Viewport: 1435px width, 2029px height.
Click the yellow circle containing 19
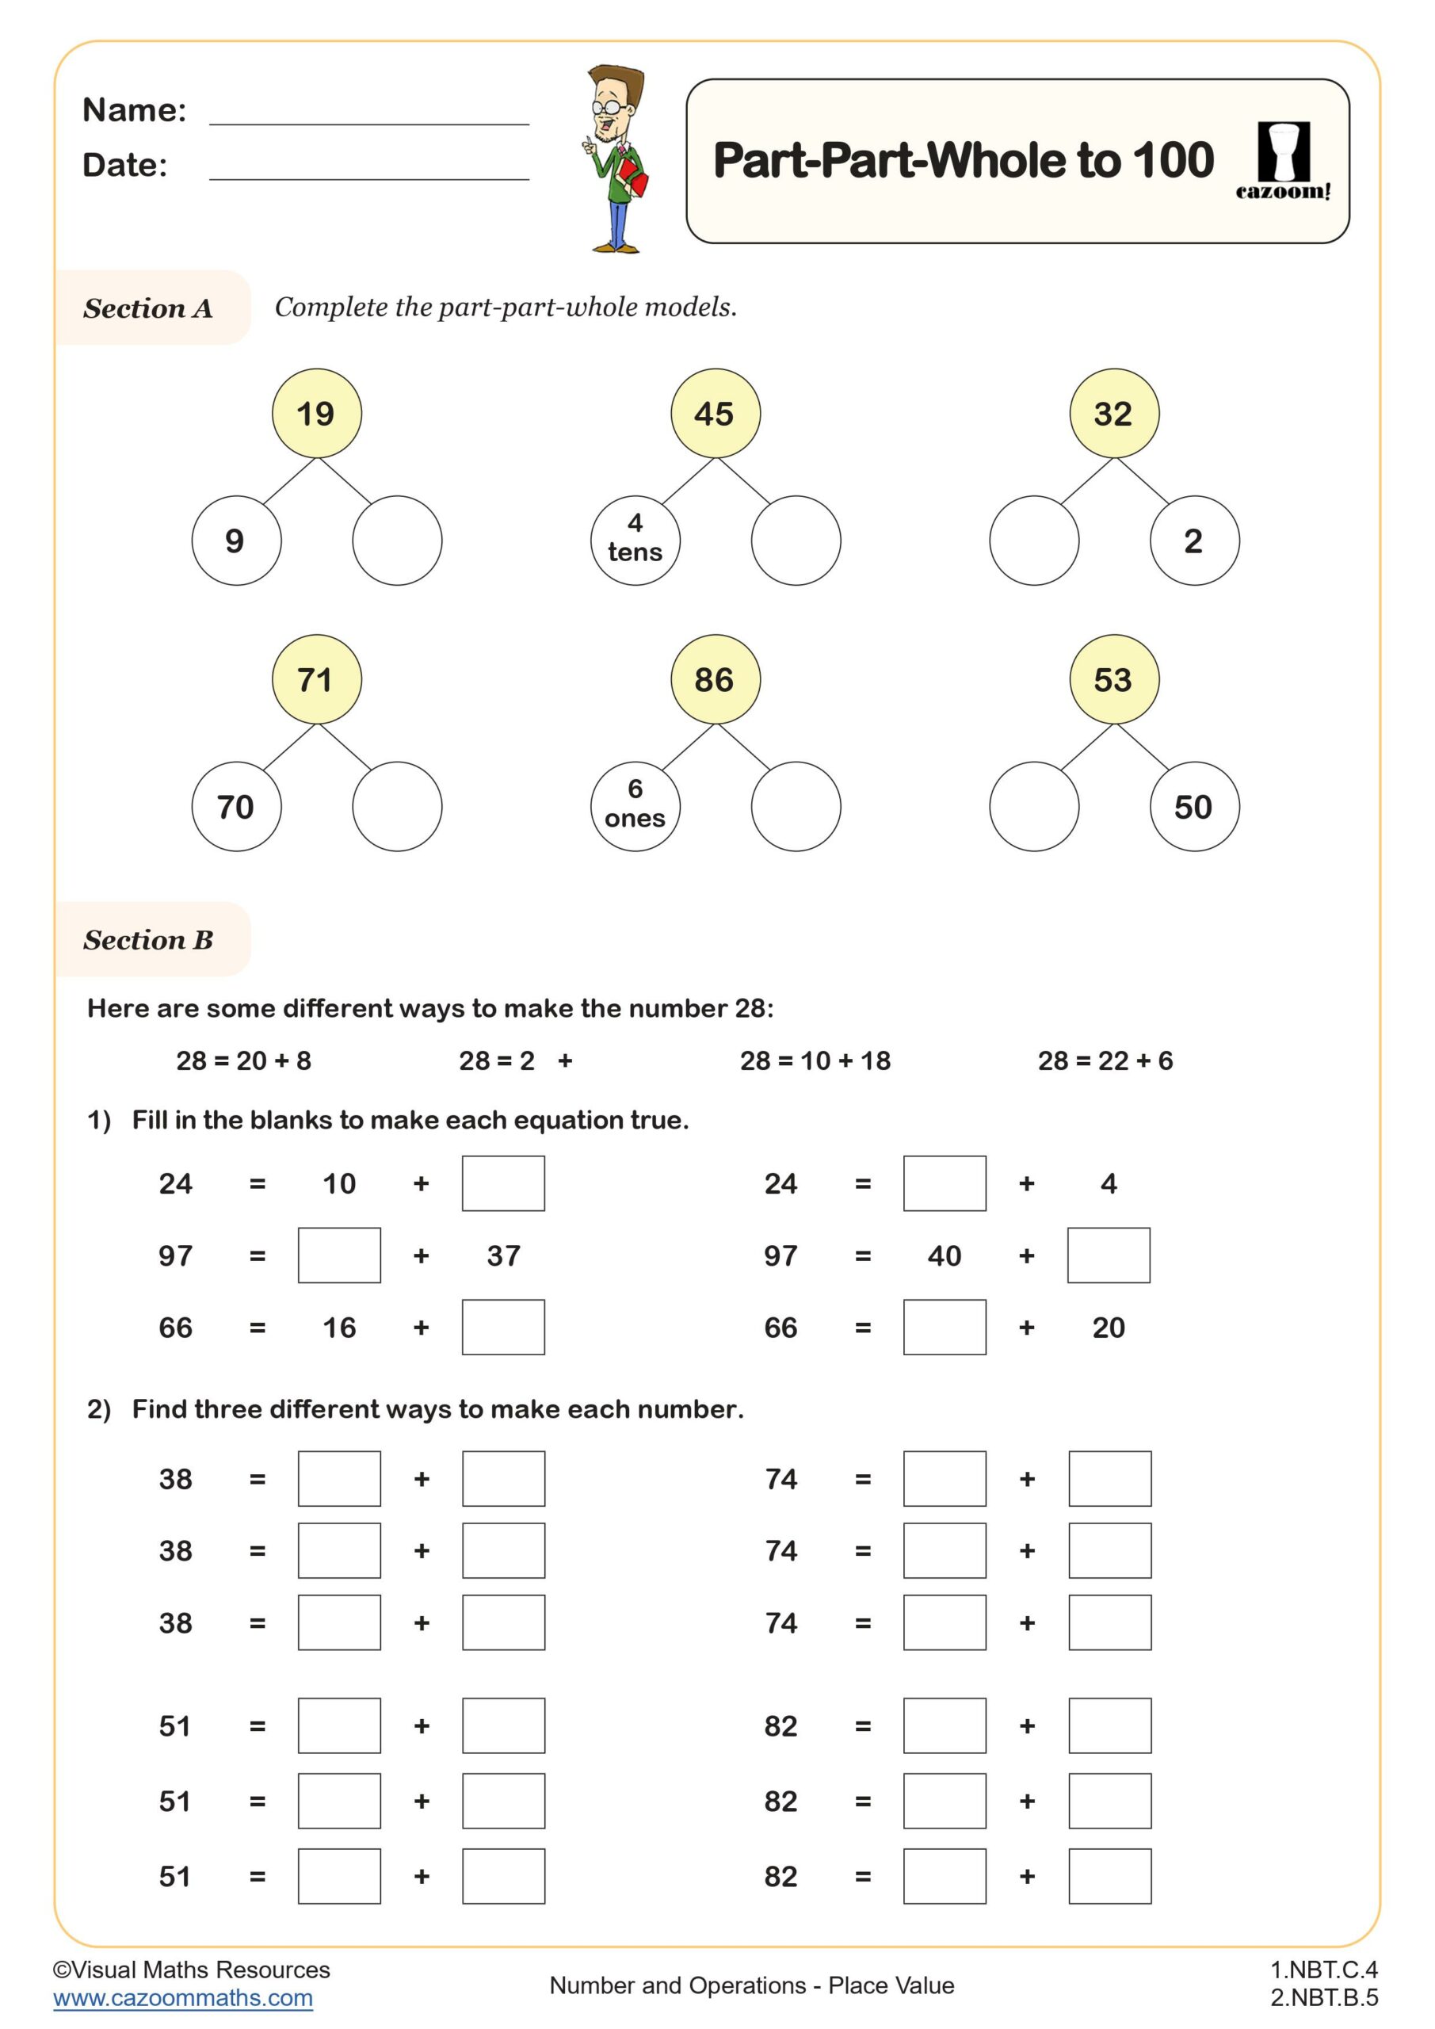coord(316,414)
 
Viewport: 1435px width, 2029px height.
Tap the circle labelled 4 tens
coord(635,540)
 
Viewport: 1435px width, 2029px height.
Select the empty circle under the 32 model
coord(1034,540)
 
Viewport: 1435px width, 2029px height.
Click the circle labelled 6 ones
coord(635,806)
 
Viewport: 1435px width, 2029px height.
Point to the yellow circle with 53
coord(1113,679)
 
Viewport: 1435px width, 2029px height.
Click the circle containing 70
coord(236,806)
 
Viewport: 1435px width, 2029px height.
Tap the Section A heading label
coord(148,308)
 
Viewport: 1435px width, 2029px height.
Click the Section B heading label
coord(148,940)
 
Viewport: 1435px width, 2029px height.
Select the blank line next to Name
coord(368,113)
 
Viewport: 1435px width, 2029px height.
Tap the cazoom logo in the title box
coord(1283,161)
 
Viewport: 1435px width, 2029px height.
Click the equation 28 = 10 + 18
coord(815,1060)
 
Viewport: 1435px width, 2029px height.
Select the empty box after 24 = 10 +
coord(503,1183)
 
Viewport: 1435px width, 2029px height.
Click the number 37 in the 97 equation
coord(504,1255)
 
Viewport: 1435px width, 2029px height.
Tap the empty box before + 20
coord(944,1328)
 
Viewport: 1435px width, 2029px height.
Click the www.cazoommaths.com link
coord(183,1998)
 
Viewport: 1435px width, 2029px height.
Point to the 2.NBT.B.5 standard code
coord(1323,1998)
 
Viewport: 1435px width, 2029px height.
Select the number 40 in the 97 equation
coord(944,1255)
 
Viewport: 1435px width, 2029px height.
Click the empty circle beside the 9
coord(397,540)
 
